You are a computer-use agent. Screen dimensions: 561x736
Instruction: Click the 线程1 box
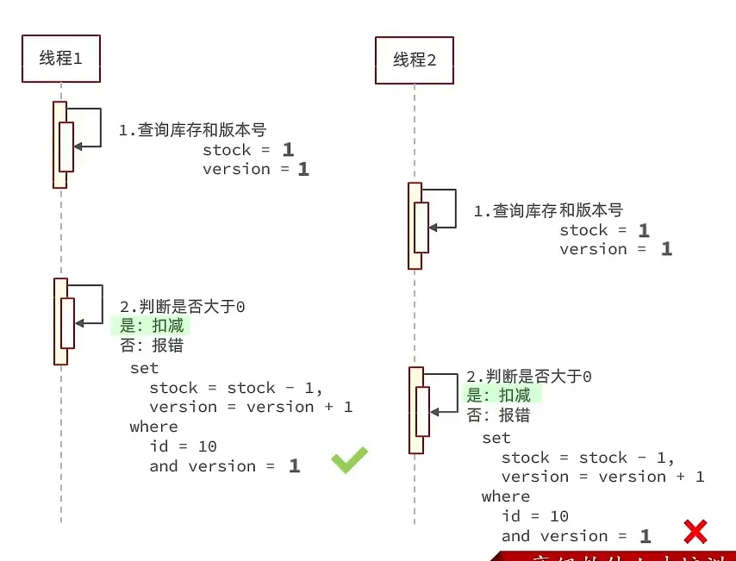(60, 59)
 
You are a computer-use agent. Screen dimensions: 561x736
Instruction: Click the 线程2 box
(414, 60)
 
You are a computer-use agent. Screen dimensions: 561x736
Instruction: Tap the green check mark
(349, 460)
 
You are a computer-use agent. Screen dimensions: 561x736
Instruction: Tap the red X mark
(695, 532)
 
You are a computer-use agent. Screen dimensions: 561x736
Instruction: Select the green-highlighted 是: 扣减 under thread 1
(147, 327)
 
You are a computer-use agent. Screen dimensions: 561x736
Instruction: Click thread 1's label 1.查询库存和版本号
(192, 130)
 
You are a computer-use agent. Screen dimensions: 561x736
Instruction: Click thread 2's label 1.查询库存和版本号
(548, 210)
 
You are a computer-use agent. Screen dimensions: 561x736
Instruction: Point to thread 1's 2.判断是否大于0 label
(182, 307)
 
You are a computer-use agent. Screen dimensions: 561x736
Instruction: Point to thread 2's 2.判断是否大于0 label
(529, 377)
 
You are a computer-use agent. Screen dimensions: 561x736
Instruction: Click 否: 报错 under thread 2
(498, 415)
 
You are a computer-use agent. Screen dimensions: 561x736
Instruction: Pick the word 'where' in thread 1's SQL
(153, 427)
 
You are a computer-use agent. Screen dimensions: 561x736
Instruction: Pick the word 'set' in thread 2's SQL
(496, 438)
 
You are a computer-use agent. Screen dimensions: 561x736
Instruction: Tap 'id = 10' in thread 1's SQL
(183, 446)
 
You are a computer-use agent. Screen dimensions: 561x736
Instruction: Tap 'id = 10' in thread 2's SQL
(535, 516)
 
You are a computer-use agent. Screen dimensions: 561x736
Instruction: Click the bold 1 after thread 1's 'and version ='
(295, 466)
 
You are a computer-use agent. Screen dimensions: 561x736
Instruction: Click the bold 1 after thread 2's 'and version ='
(646, 536)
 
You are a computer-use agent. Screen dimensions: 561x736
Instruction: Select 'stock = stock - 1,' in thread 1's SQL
(236, 388)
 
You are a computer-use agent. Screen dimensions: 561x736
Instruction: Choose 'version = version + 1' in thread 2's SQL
(603, 477)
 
